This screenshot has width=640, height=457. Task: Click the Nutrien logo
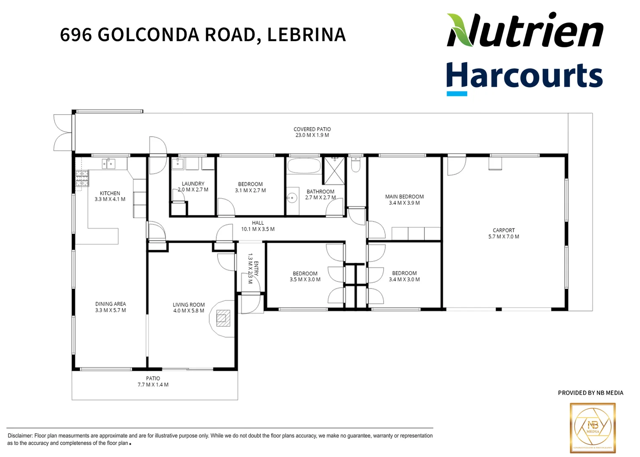pos(525,30)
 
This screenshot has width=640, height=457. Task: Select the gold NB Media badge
pos(593,428)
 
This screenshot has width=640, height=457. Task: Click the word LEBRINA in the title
pos(306,35)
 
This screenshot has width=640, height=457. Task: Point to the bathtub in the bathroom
pos(304,166)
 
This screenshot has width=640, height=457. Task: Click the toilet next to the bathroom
pos(356,164)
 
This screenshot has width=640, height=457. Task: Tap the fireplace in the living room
pos(223,318)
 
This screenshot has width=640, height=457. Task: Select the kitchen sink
pos(109,163)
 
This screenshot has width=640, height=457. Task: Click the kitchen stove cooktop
pos(82,178)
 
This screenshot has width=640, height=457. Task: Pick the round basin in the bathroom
pos(292,198)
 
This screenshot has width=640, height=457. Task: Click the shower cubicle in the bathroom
pos(334,171)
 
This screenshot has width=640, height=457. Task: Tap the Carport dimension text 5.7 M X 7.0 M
pos(504,237)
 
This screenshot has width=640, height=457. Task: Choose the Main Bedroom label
pos(404,197)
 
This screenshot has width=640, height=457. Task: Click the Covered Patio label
pos(312,129)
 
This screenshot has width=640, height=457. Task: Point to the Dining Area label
pos(110,304)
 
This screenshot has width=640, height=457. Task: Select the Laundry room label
pos(193,184)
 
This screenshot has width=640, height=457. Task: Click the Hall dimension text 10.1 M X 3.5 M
pos(258,229)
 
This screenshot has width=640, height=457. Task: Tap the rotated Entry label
pos(256,269)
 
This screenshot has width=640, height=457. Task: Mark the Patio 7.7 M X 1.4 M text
pos(153,385)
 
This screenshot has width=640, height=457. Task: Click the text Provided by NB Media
pos(590,393)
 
